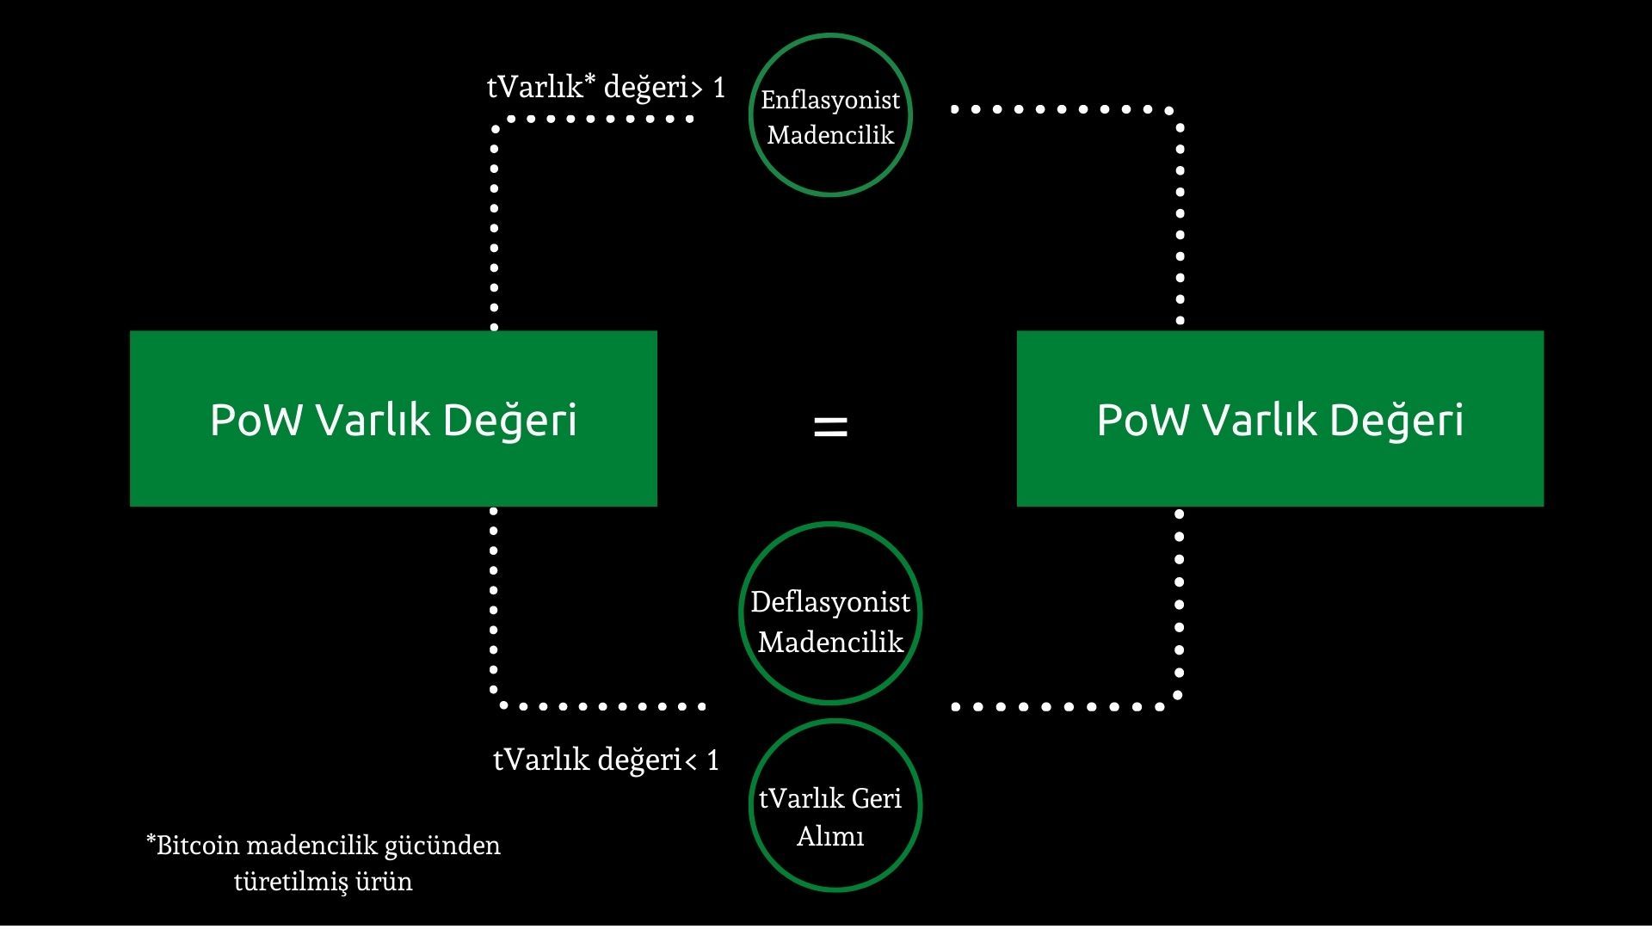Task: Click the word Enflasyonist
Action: (830, 100)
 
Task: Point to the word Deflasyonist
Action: (830, 602)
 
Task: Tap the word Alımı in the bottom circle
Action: (830, 836)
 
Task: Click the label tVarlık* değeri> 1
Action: (606, 87)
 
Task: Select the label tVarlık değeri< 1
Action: (606, 760)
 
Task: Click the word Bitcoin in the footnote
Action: (198, 846)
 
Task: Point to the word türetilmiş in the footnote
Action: (291, 882)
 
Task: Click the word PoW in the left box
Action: (256, 420)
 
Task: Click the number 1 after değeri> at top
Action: (719, 87)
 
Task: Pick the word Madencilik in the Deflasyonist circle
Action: (830, 643)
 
